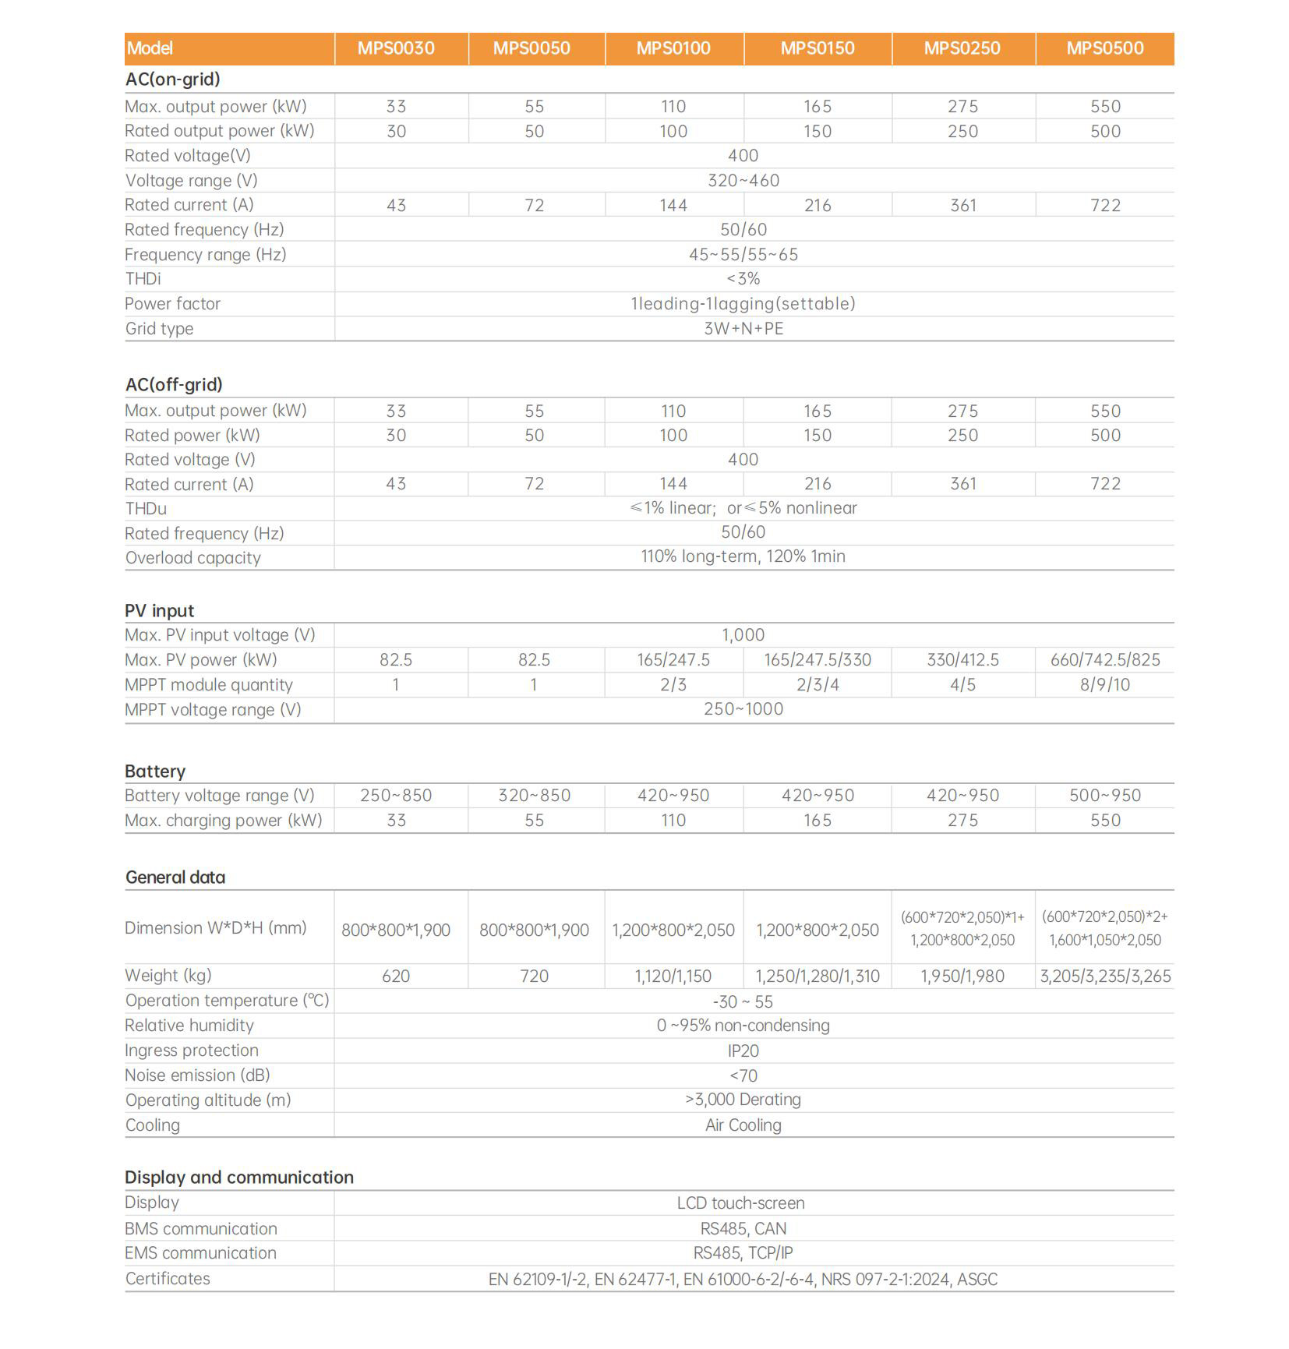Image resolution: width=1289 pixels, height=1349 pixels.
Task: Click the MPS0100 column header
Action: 673,48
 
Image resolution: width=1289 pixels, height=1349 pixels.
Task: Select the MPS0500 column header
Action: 1104,48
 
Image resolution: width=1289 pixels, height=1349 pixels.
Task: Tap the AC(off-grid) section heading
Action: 174,384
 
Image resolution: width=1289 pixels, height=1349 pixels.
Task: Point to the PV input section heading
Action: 159,611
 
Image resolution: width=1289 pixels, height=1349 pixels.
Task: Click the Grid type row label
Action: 159,329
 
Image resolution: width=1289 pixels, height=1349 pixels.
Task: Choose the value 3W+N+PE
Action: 743,329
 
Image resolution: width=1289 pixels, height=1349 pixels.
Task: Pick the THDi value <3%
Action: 743,279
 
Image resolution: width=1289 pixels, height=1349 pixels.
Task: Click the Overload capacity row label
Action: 192,558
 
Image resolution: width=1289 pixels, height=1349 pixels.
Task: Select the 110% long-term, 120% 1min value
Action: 743,556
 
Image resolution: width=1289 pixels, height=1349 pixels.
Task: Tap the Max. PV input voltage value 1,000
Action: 743,635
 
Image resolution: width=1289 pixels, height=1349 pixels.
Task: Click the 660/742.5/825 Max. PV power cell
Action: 1104,660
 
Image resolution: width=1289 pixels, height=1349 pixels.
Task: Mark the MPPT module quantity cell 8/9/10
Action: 1104,685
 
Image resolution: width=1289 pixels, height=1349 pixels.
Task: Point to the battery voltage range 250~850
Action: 396,796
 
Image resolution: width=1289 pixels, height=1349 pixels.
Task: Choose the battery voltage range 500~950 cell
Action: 1104,796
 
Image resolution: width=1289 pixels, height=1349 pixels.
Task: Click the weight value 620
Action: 396,976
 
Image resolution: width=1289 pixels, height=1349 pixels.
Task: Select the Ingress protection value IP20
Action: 743,1051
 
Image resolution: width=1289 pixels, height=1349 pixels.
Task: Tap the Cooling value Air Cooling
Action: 743,1125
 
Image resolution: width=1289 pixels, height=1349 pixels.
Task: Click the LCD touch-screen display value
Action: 740,1203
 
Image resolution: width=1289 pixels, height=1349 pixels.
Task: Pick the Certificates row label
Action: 168,1279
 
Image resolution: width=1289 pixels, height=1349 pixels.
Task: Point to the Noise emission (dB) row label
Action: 197,1075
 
